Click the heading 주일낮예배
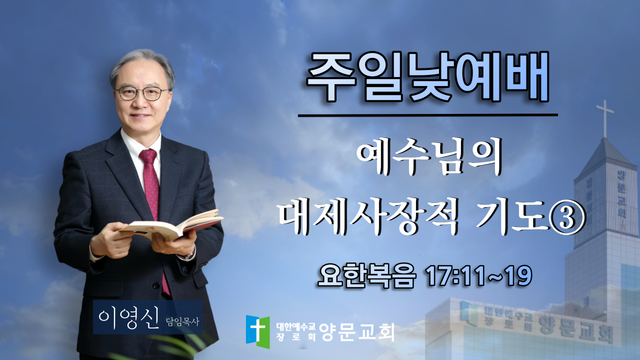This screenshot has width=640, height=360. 427,77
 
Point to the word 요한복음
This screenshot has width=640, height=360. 367,275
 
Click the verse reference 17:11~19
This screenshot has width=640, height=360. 479,275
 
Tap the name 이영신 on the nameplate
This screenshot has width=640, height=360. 128,319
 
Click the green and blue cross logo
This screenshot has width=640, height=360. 257,331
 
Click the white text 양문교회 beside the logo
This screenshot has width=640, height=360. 357,331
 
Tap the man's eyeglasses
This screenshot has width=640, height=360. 142,93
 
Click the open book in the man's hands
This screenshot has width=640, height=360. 171,226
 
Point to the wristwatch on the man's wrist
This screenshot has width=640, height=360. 189,255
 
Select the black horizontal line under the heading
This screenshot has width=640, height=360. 428,115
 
